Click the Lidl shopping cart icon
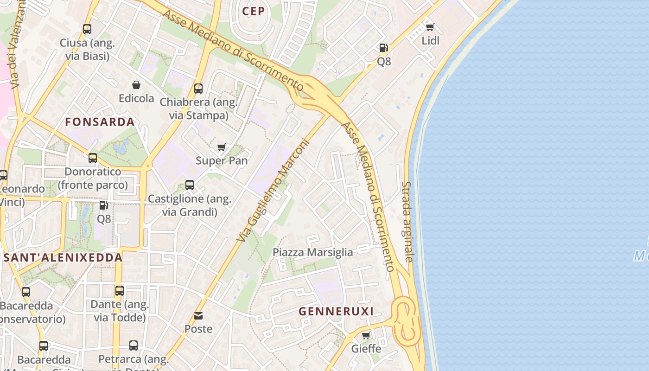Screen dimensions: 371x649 click(x=430, y=27)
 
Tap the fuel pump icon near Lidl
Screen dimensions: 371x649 click(x=383, y=47)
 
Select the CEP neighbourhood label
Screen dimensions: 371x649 click(x=253, y=11)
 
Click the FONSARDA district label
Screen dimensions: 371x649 click(x=100, y=122)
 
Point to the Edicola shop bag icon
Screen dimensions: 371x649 click(x=136, y=85)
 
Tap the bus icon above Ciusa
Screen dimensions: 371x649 click(x=87, y=29)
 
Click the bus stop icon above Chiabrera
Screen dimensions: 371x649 click(x=198, y=88)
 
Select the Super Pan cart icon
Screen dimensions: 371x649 click(x=222, y=147)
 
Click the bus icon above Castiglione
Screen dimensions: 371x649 click(x=190, y=185)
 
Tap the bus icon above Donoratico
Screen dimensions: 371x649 click(x=93, y=158)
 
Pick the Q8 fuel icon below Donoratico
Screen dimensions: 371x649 click(x=103, y=205)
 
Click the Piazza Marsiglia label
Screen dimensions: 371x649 click(x=312, y=252)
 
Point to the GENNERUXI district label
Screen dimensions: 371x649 click(x=336, y=311)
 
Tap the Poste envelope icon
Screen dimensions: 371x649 click(x=198, y=316)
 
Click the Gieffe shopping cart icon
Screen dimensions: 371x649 click(x=366, y=335)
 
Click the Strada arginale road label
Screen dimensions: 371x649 click(x=407, y=222)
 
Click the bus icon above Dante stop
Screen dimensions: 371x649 click(x=120, y=291)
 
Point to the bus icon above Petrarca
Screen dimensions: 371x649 click(x=134, y=345)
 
